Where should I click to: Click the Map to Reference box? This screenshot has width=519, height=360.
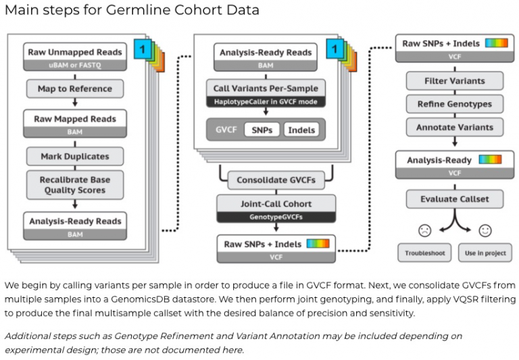(x=75, y=88)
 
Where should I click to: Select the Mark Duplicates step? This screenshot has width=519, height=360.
(x=75, y=156)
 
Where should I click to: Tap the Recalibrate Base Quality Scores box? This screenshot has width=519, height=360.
(x=75, y=185)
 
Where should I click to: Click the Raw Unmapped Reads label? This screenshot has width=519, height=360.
(x=75, y=52)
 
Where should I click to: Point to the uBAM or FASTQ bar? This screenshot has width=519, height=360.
(x=75, y=65)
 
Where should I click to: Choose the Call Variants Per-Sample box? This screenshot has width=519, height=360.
(x=266, y=88)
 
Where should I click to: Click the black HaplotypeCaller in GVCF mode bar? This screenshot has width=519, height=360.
(x=266, y=101)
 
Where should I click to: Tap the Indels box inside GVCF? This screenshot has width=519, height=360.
(x=301, y=129)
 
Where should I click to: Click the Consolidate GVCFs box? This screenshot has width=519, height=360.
(x=276, y=180)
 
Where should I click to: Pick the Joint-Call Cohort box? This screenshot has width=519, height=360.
(x=276, y=203)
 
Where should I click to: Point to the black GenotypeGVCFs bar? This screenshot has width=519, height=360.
(x=276, y=217)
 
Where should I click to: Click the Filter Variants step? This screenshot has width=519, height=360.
(x=455, y=81)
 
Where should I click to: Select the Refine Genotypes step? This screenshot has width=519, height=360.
(x=455, y=104)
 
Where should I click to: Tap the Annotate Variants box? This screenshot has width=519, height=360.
(x=455, y=127)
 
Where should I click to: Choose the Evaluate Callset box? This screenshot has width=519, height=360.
(x=455, y=199)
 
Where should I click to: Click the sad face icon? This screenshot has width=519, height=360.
(x=424, y=230)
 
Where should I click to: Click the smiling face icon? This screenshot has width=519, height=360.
(x=485, y=230)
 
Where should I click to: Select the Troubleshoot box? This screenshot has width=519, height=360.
(x=424, y=253)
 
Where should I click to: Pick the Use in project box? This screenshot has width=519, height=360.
(x=485, y=253)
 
